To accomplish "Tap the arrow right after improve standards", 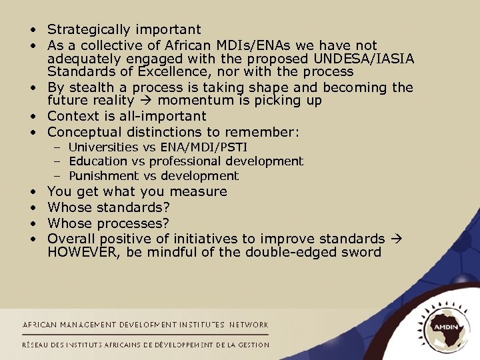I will (395, 238).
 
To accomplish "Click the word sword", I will (361, 252).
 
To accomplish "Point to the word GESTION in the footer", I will (252, 345).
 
